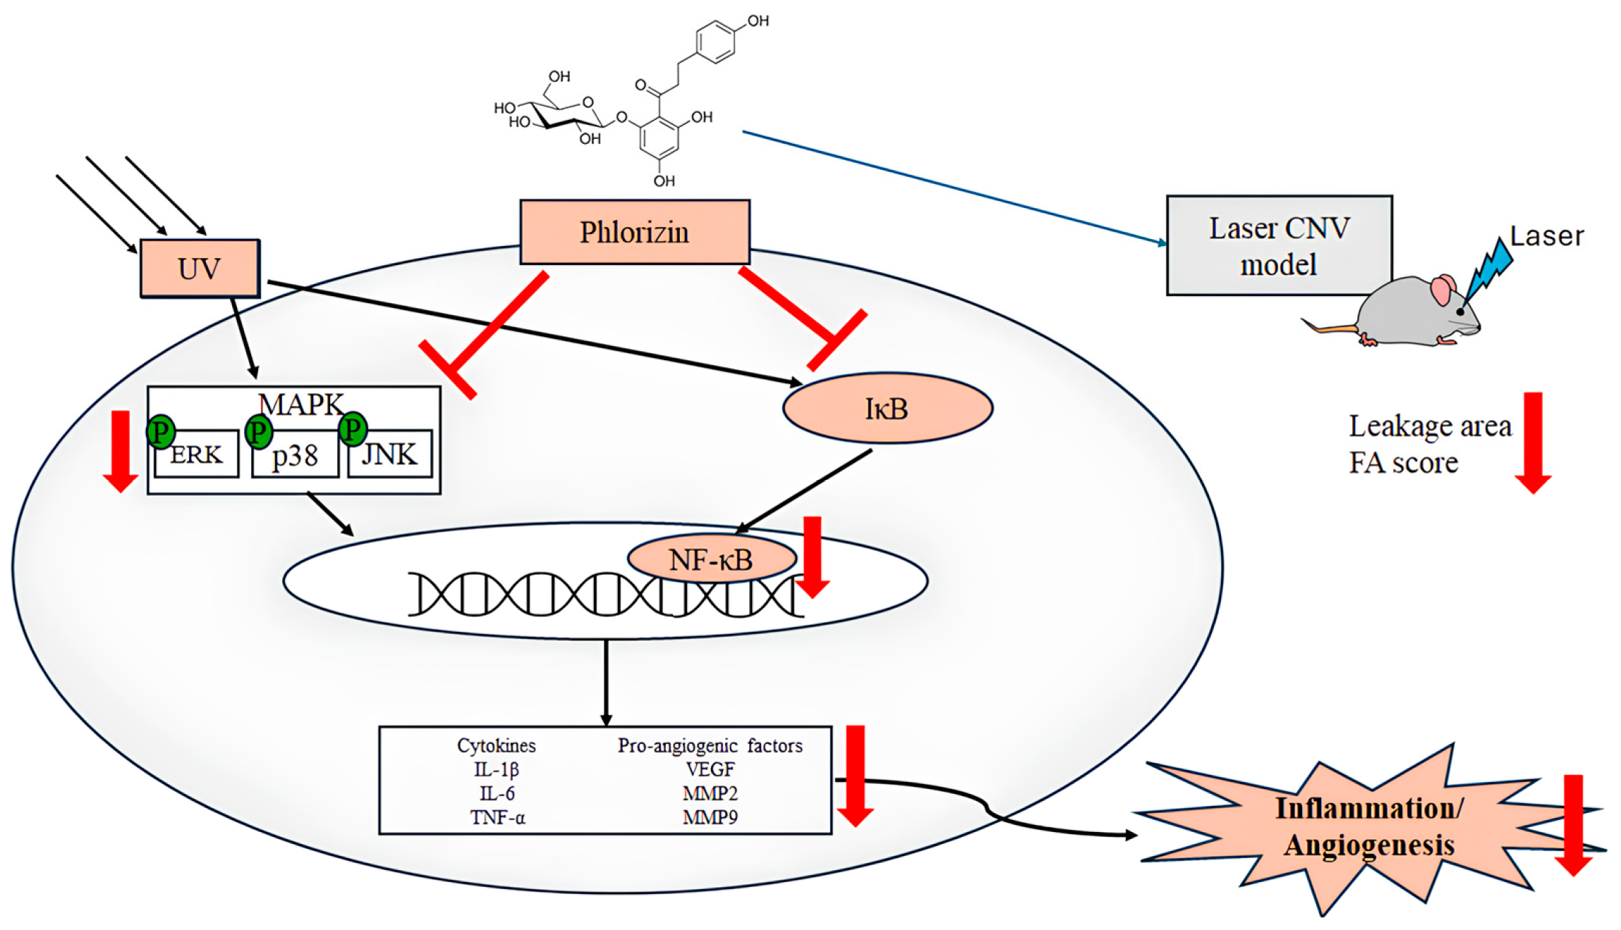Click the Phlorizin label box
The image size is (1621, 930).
click(634, 232)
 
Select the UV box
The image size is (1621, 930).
click(200, 269)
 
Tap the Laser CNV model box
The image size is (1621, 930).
click(1278, 245)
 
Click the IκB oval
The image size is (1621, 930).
click(887, 408)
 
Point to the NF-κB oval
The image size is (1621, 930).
click(711, 560)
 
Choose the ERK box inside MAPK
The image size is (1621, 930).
click(197, 455)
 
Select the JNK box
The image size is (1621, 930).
click(389, 455)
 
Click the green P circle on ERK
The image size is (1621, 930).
click(160, 432)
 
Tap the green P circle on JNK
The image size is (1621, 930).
click(353, 429)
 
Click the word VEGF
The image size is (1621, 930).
click(710, 769)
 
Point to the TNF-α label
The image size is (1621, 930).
click(497, 817)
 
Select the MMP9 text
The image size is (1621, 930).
click(710, 817)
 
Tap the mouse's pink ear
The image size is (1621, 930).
click(1443, 290)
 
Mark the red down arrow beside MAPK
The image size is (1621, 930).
click(121, 451)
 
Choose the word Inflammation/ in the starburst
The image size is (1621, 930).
click(1368, 808)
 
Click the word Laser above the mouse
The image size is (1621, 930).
click(1546, 236)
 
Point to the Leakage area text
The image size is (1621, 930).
click(1430, 426)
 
